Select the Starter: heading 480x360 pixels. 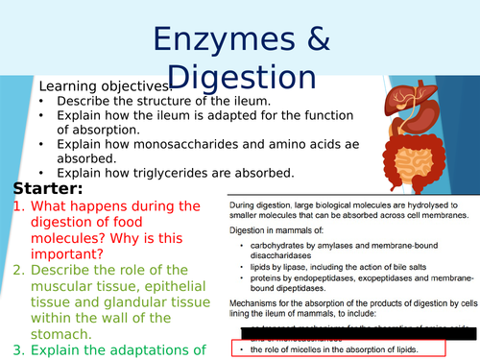click(48, 188)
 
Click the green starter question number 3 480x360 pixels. click(18, 349)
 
